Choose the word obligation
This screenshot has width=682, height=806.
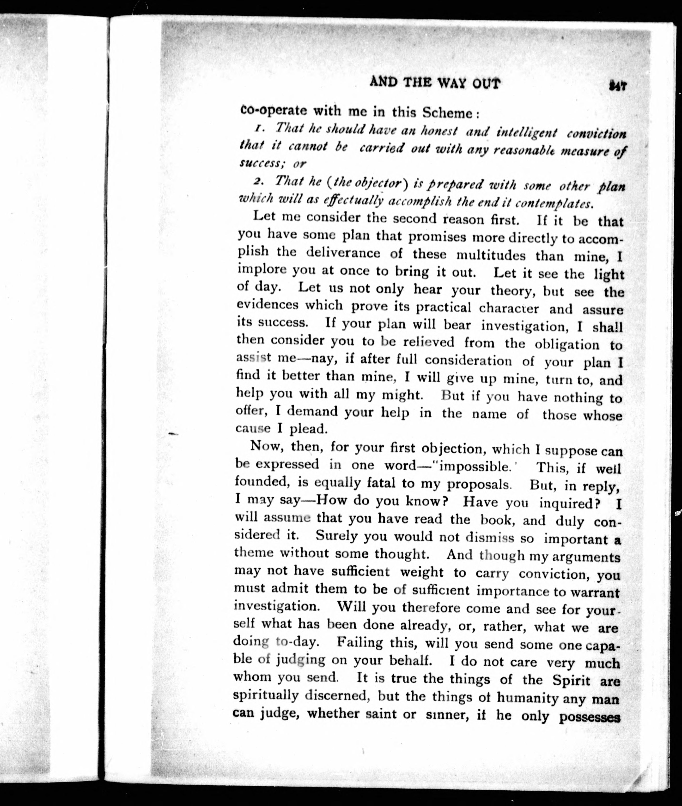pyautogui.click(x=567, y=344)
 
